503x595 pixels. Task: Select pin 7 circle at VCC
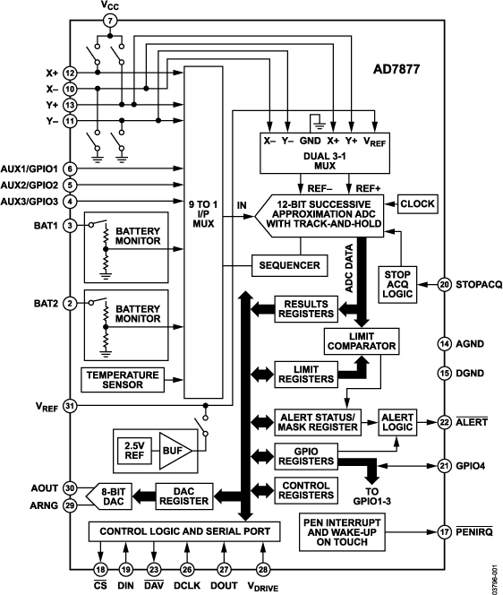point(110,21)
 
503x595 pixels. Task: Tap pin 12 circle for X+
point(70,73)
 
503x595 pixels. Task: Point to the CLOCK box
point(417,204)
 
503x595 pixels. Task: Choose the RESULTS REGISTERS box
point(306,308)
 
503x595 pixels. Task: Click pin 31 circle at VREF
point(70,405)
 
